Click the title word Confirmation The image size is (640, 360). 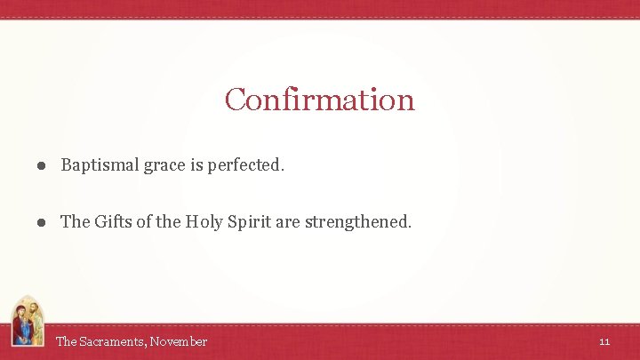click(x=319, y=99)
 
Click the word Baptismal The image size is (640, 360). click(x=97, y=165)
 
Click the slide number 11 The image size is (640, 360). click(x=604, y=341)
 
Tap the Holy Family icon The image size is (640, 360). click(x=27, y=322)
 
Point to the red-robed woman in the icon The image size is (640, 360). click(x=20, y=324)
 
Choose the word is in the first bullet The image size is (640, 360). click(x=196, y=165)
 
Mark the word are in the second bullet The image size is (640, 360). click(x=288, y=222)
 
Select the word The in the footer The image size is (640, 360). click(x=66, y=341)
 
